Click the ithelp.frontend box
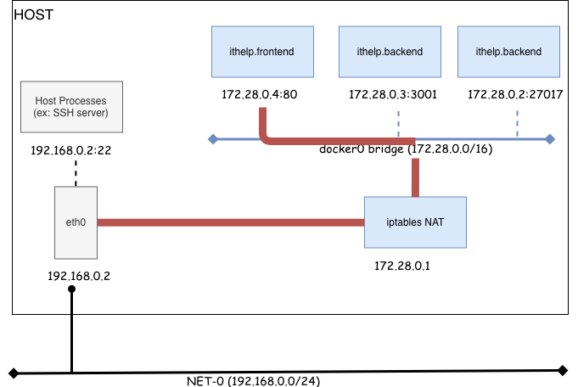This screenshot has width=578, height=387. point(262,52)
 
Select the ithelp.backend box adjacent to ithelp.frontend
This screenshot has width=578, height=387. point(390,52)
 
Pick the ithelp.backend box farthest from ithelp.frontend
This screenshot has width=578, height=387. point(508,52)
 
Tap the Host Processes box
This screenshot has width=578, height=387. point(71,107)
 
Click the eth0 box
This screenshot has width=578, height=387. point(76,222)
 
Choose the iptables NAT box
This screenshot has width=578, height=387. point(415,222)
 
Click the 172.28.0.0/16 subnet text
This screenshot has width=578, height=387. point(450,149)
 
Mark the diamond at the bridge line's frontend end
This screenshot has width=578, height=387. point(212,139)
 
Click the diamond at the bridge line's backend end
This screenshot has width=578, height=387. point(550,139)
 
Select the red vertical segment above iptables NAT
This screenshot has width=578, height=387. point(415,177)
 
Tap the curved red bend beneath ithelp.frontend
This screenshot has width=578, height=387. point(267,137)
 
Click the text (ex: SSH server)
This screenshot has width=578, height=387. point(71,113)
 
